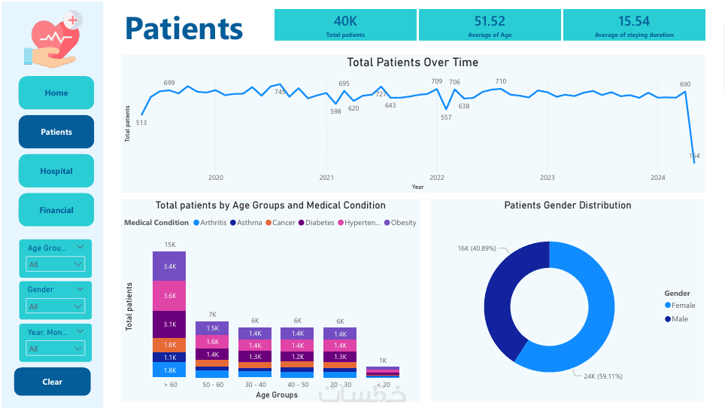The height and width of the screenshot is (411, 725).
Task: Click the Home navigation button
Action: point(56,93)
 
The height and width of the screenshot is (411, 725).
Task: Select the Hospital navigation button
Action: point(56,171)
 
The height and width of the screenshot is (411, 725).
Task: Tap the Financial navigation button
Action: point(56,210)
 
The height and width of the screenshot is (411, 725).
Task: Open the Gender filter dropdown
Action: point(56,306)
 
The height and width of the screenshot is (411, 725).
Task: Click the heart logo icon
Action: point(53,39)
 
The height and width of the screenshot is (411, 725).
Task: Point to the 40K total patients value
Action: point(345,21)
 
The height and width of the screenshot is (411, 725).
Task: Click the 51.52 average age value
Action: point(490,21)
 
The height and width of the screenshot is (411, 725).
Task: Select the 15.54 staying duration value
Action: point(634,21)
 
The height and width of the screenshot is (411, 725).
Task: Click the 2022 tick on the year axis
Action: point(437,178)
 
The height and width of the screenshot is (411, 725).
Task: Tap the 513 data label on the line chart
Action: point(141,123)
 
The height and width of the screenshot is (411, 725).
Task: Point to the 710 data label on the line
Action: point(501,81)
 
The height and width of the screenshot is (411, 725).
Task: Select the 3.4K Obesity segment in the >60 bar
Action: point(169,266)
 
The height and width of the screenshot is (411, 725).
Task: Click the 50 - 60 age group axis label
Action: point(211,385)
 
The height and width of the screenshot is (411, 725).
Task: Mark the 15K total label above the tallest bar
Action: point(169,245)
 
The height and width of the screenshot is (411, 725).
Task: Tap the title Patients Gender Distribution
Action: point(568,205)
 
